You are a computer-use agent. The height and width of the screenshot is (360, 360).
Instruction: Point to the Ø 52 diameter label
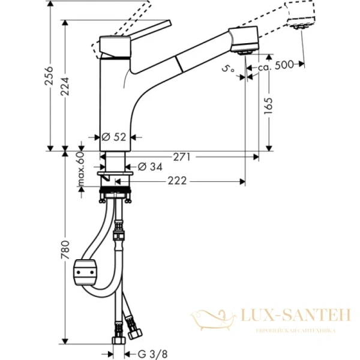click(x=115, y=137)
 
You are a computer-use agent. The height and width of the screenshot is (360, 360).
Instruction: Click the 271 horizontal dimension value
click(x=182, y=157)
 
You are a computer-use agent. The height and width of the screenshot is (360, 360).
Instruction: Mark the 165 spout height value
click(x=268, y=107)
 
